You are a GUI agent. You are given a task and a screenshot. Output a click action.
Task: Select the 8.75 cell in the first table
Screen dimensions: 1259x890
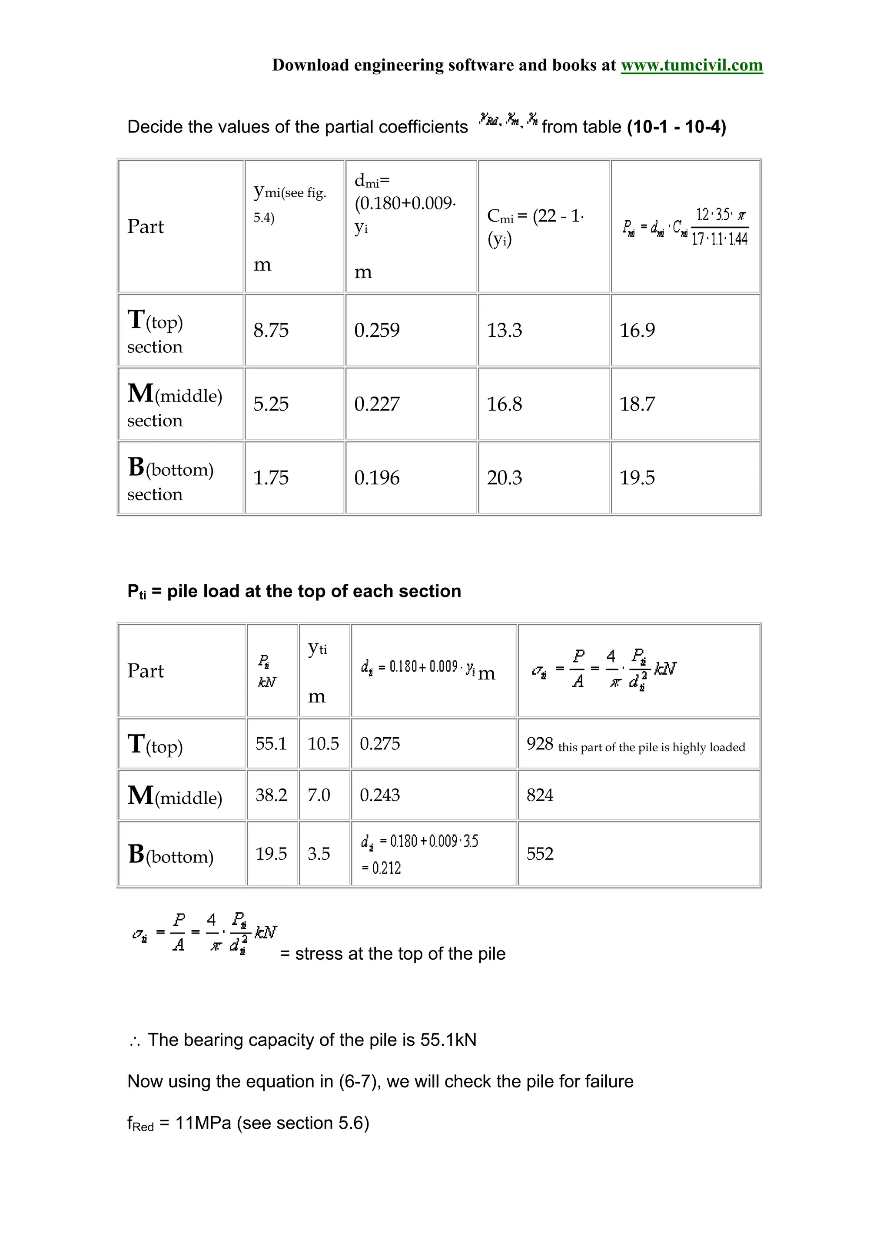click(x=270, y=330)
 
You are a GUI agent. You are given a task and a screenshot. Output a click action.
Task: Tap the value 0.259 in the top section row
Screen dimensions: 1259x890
click(x=377, y=330)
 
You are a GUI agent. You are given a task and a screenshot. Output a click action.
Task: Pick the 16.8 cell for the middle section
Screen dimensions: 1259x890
click(x=504, y=404)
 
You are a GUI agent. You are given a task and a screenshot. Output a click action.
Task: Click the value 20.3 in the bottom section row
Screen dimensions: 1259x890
click(x=504, y=477)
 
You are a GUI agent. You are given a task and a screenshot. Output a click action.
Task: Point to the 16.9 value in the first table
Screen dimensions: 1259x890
click(x=637, y=330)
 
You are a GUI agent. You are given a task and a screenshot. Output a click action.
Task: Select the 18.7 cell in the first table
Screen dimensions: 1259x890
click(x=637, y=404)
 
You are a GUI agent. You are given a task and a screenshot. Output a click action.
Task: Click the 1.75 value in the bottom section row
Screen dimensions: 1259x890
click(x=270, y=477)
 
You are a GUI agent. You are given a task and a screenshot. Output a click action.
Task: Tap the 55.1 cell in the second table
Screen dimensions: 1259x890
click(x=271, y=744)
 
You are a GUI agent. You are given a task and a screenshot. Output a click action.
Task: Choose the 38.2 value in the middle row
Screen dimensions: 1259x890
click(x=271, y=795)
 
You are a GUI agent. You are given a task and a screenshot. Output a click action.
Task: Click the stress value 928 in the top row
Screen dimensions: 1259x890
click(x=540, y=744)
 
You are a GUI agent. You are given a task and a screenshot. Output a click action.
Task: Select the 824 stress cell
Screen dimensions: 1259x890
click(x=540, y=795)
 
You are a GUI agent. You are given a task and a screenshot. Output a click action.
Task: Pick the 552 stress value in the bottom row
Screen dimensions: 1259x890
click(x=540, y=854)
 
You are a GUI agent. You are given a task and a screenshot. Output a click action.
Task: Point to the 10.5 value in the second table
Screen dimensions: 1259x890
click(x=323, y=744)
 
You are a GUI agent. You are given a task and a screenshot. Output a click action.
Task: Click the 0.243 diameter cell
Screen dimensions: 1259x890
click(x=379, y=795)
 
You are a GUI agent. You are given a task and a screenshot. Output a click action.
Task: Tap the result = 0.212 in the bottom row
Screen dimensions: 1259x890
click(x=382, y=868)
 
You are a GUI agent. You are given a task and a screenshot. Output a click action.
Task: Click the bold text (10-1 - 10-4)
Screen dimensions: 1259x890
click(x=676, y=127)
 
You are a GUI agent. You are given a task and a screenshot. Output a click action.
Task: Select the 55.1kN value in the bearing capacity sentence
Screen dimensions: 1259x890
click(x=448, y=1040)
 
